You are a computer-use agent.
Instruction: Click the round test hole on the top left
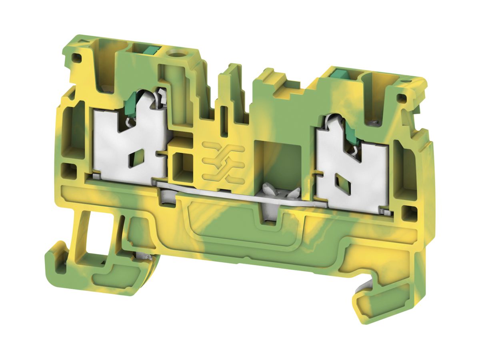174,52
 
